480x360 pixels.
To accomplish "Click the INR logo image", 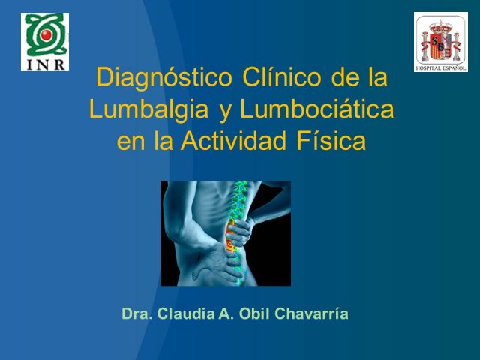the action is pyautogui.click(x=45, y=42).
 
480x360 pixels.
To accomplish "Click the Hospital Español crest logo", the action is pyautogui.click(x=441, y=42).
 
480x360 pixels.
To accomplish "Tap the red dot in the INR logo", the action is pyautogui.click(x=46, y=35).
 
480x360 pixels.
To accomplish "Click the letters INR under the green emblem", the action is pyautogui.click(x=46, y=64).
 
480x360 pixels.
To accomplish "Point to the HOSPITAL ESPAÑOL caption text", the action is pyautogui.click(x=441, y=68).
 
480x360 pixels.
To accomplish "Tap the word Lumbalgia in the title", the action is pyautogui.click(x=149, y=111).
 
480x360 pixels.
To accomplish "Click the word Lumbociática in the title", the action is pyautogui.click(x=316, y=109).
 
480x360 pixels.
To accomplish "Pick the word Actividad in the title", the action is pyautogui.click(x=233, y=140).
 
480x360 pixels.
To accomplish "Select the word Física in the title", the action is pyautogui.click(x=331, y=140).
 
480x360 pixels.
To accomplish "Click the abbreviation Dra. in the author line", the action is pyautogui.click(x=137, y=313).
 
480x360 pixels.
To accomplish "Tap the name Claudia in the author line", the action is pyautogui.click(x=186, y=313).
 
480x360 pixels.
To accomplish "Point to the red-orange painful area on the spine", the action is pyautogui.click(x=229, y=235).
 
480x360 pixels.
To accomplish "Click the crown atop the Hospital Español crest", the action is pyautogui.click(x=441, y=27).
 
